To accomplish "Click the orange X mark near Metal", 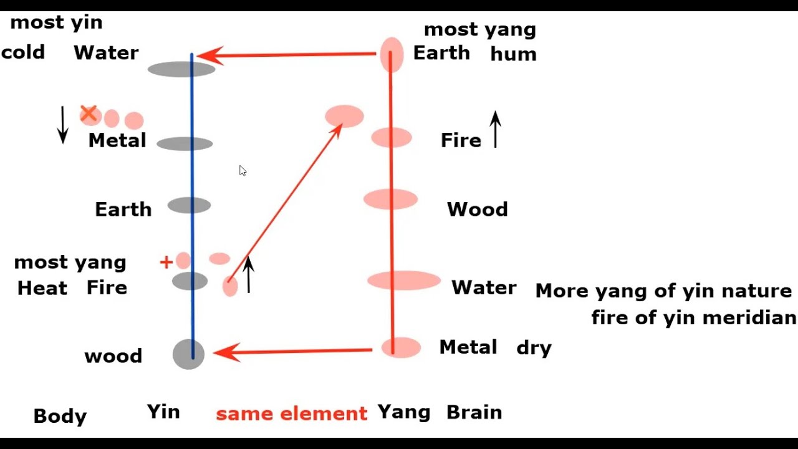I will (89, 113).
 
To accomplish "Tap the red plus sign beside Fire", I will (166, 263).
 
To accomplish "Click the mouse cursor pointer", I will (243, 170).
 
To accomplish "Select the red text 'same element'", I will (291, 413).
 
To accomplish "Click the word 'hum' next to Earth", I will (513, 54).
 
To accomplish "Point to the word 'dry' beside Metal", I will (534, 348).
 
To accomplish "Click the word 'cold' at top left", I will (23, 52).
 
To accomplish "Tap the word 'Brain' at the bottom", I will (474, 412).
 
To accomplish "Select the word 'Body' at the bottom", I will (60, 416).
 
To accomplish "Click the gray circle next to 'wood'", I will (188, 354).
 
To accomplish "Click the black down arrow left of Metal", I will (62, 125).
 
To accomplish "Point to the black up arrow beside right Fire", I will (495, 129).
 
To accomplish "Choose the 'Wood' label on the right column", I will (477, 209).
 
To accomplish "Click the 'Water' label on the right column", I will (484, 287).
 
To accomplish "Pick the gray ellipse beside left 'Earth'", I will (189, 205).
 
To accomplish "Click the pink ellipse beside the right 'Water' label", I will (404, 281).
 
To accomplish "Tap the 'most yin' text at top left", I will (56, 23).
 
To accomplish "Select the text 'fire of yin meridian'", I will (693, 318).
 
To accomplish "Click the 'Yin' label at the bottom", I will (163, 412).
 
